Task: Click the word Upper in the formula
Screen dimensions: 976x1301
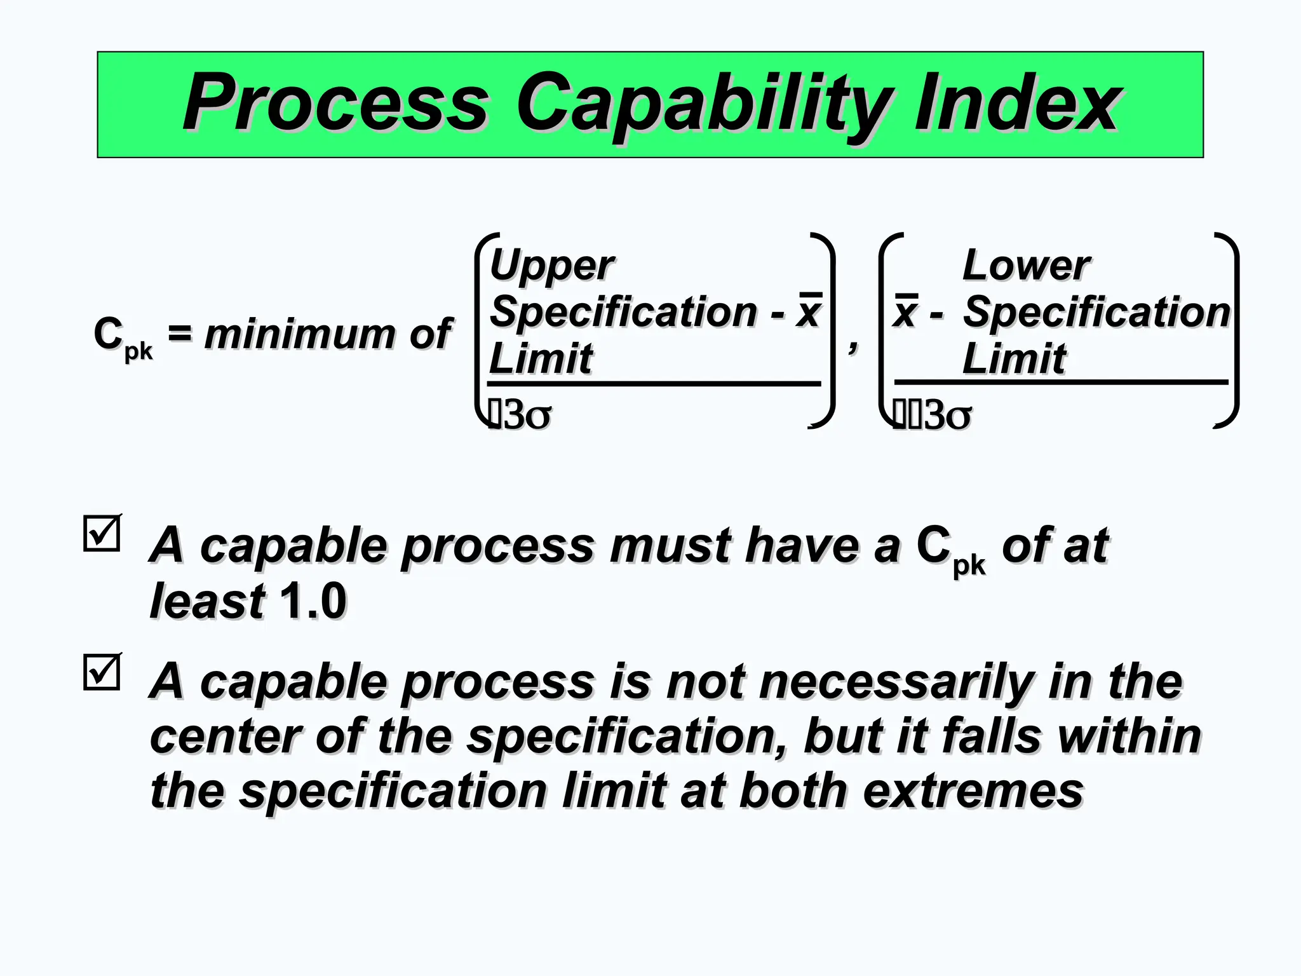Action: (551, 266)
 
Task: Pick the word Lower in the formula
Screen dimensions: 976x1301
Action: (1027, 265)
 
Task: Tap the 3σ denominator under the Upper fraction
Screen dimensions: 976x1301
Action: (527, 416)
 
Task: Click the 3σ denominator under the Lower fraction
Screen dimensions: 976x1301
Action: (947, 416)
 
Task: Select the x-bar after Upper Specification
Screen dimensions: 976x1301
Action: (809, 311)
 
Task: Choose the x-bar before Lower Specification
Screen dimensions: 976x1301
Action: (906, 311)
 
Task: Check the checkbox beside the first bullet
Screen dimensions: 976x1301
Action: (102, 533)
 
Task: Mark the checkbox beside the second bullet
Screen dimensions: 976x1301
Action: (102, 672)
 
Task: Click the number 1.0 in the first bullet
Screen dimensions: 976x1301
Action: (313, 600)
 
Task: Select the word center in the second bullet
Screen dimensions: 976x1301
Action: (225, 737)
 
